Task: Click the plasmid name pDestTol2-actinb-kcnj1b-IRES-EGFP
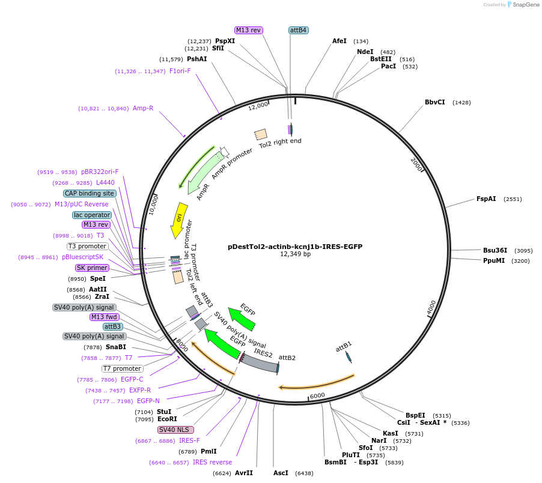coord(295,247)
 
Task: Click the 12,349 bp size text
coord(295,254)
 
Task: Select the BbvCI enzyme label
coord(434,102)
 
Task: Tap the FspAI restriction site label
coord(486,199)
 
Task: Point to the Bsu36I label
coord(495,250)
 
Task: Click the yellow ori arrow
coord(178,220)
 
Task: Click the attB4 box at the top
coord(299,30)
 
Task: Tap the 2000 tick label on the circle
coord(417,164)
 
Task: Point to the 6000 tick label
coord(317,395)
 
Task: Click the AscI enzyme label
coord(281,473)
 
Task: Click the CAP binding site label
coord(90,193)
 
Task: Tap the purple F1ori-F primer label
coord(180,71)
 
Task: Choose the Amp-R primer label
coord(143,108)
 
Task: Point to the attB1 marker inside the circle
coord(349,356)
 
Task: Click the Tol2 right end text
coord(280,142)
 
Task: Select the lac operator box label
coord(92,215)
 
